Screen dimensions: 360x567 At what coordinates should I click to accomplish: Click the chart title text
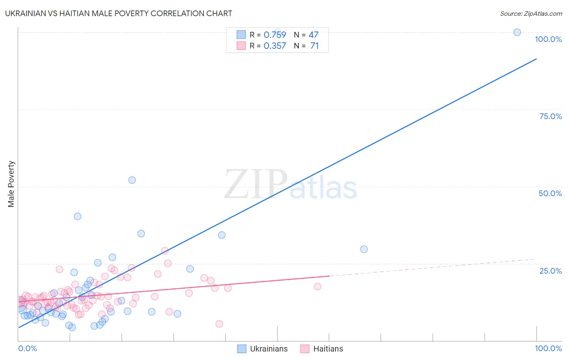click(119, 13)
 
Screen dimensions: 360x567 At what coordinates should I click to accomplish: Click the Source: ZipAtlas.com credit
click(531, 13)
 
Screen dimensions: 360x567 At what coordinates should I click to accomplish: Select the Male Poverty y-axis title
click(11, 184)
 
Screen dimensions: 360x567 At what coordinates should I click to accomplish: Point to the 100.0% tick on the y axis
click(548, 39)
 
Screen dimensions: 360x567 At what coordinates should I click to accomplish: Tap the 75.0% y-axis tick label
click(550, 116)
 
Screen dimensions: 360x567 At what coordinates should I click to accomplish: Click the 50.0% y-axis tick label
click(550, 193)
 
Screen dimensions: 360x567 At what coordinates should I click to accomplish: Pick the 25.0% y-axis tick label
click(550, 271)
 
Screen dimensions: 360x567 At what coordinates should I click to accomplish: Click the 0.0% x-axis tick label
click(27, 348)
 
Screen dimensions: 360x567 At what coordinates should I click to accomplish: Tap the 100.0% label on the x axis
click(548, 348)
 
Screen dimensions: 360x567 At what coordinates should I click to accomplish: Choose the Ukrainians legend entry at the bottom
click(263, 349)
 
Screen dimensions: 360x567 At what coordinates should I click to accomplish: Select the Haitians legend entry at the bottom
click(322, 349)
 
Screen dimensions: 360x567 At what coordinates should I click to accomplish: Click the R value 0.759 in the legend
click(275, 35)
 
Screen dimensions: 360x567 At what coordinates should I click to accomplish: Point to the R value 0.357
click(275, 46)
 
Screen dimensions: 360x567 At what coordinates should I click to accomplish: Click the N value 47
click(313, 35)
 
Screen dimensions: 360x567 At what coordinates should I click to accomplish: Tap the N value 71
click(315, 46)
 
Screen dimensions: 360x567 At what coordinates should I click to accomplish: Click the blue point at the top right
click(517, 32)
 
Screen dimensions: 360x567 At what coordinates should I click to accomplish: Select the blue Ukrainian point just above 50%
click(132, 180)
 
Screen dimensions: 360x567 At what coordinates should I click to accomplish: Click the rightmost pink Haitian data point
click(317, 287)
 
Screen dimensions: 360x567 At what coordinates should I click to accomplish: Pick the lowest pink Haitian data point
click(219, 324)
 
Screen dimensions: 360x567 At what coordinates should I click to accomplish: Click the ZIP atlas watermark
click(290, 185)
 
